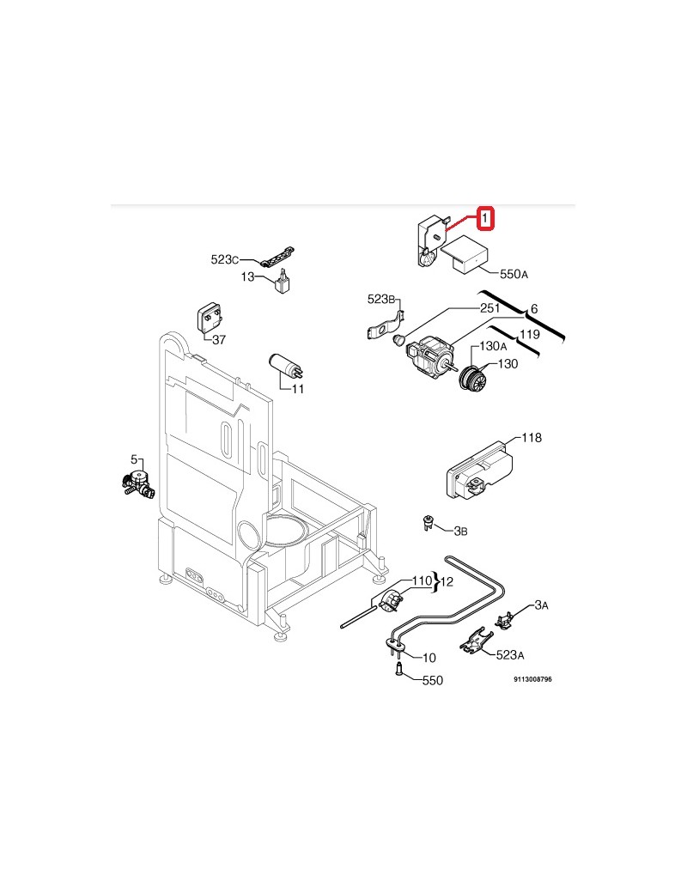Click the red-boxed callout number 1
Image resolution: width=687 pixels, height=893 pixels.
tap(485, 219)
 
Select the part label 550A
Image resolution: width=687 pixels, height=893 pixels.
tap(514, 275)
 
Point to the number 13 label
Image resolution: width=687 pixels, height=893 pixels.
tap(247, 277)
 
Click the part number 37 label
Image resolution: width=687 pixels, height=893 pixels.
tap(219, 340)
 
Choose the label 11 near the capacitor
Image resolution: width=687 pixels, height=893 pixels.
tap(298, 389)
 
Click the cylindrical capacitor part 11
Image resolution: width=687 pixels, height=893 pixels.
tap(283, 366)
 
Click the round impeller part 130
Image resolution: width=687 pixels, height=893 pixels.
tap(473, 378)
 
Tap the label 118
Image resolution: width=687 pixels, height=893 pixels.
tap(532, 438)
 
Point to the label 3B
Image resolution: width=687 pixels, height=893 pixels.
tap(459, 532)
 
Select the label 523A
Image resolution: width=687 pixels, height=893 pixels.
tap(509, 655)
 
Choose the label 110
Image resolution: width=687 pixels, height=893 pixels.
tap(421, 581)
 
